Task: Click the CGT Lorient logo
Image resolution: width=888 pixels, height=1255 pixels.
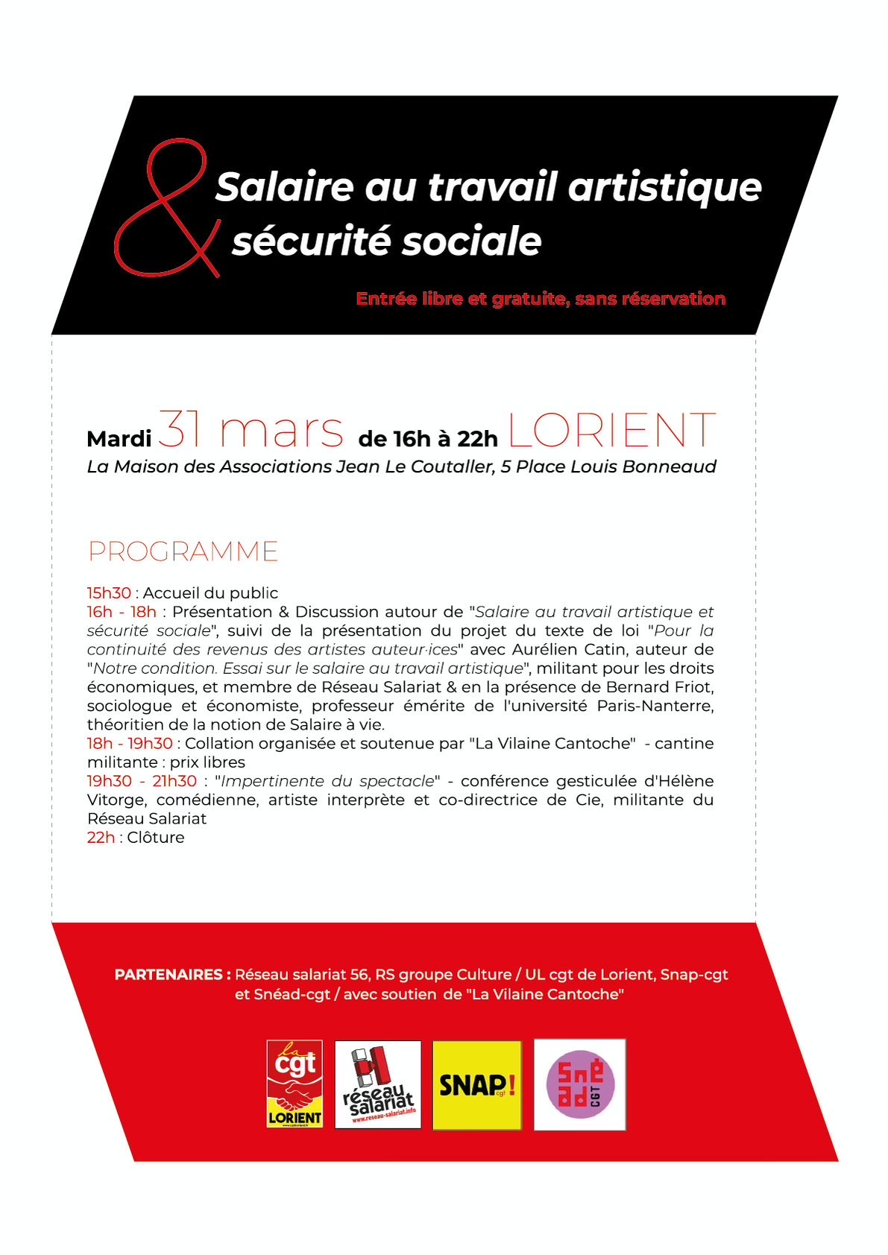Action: click(x=295, y=1084)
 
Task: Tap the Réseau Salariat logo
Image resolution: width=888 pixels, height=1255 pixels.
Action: click(x=378, y=1084)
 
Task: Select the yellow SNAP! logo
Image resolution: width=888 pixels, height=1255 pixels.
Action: click(x=477, y=1084)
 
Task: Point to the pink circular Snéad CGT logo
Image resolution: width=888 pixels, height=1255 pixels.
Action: click(x=579, y=1084)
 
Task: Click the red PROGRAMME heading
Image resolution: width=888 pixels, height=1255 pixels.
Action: click(x=183, y=552)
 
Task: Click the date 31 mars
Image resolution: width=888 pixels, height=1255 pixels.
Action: click(x=251, y=430)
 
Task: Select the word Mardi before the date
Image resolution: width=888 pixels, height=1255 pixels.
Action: click(x=119, y=439)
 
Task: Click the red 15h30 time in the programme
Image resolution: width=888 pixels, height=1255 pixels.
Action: click(x=109, y=593)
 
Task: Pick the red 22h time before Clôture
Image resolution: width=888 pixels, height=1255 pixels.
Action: click(x=101, y=838)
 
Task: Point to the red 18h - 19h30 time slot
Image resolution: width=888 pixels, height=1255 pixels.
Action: click(x=130, y=744)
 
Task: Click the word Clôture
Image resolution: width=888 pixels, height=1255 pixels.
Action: click(x=156, y=838)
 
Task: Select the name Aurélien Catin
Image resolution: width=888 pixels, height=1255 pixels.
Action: click(x=555, y=649)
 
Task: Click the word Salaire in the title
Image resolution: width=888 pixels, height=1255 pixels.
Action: click(x=283, y=187)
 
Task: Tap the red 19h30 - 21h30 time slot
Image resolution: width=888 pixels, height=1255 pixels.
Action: click(x=142, y=781)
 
